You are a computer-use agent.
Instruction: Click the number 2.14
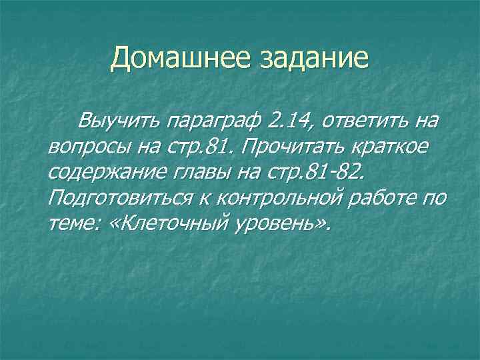287,122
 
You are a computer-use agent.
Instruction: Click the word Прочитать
275,147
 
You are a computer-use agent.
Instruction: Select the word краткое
387,147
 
